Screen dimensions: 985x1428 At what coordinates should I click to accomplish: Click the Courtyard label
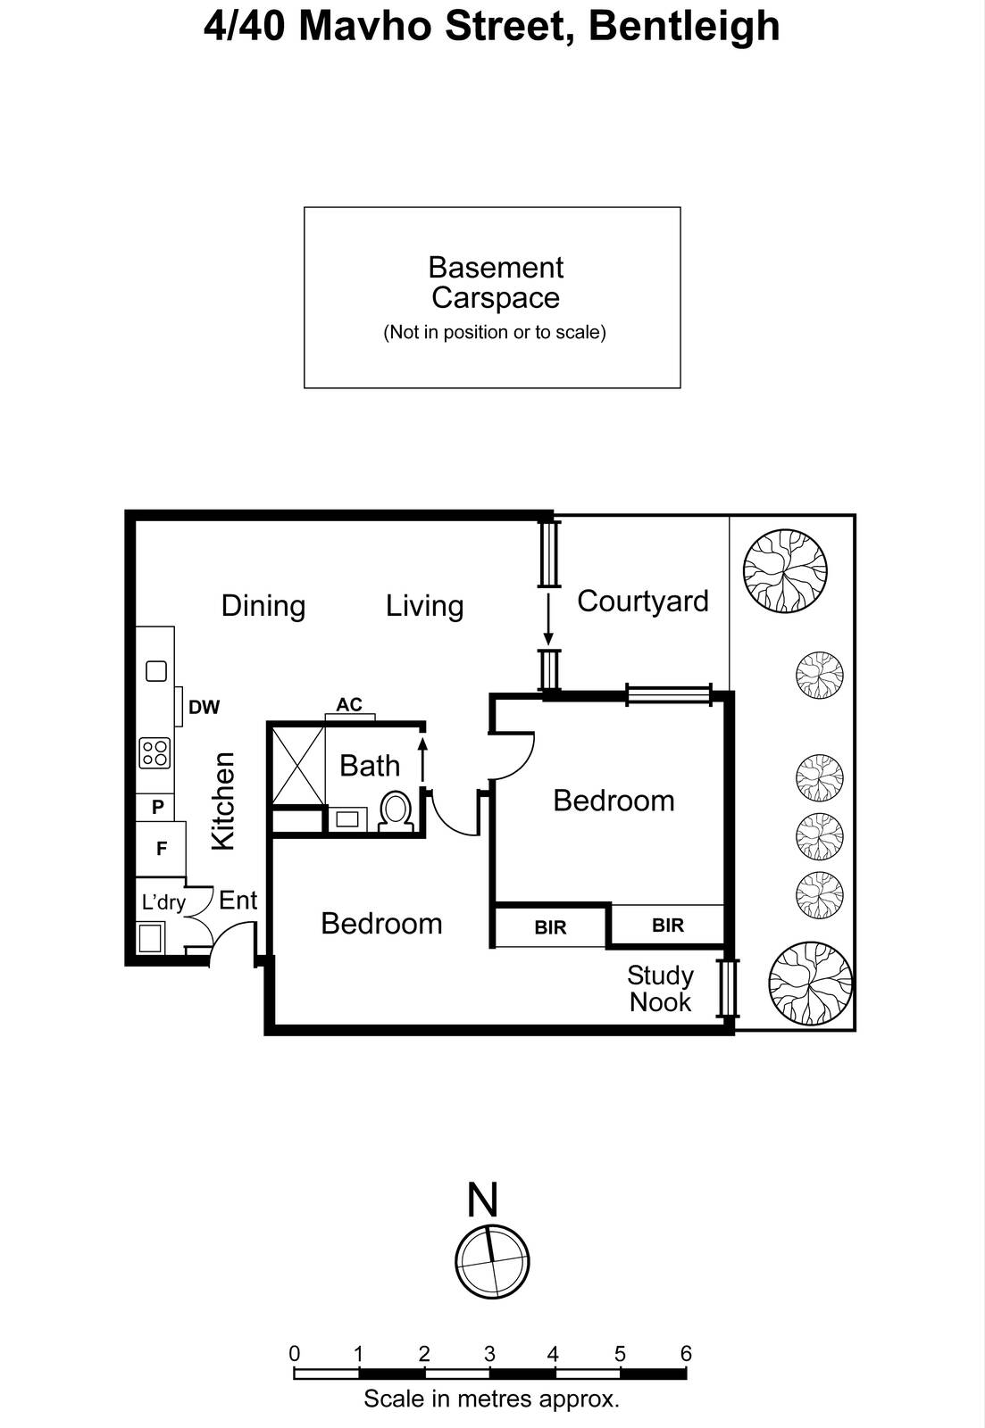click(642, 602)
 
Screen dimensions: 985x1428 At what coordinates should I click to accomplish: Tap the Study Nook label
click(660, 988)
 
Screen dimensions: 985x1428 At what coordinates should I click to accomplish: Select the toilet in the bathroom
click(395, 810)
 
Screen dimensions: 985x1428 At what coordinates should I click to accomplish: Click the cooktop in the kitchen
click(154, 753)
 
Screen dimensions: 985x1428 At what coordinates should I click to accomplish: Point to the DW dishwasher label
click(205, 707)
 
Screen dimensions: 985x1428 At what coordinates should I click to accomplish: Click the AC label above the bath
click(349, 704)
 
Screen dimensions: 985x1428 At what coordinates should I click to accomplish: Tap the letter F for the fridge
click(162, 848)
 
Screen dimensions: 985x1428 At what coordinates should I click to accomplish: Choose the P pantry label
click(157, 807)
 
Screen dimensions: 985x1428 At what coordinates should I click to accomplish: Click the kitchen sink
click(156, 670)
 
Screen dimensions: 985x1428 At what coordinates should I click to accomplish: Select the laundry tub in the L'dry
click(151, 938)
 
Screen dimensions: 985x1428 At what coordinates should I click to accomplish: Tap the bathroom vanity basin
click(347, 818)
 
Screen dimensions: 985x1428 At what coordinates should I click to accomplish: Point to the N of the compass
click(481, 1200)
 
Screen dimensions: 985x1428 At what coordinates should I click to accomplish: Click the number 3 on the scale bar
click(489, 1353)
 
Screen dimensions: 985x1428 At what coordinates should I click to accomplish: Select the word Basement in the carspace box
click(496, 268)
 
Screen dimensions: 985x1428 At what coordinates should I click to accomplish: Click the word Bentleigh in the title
click(684, 28)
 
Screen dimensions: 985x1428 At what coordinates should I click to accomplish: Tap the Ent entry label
click(238, 901)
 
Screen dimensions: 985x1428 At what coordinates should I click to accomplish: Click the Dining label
click(263, 606)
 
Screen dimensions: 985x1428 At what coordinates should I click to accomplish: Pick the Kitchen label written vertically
click(222, 801)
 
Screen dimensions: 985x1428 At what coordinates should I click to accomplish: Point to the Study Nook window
click(727, 988)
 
